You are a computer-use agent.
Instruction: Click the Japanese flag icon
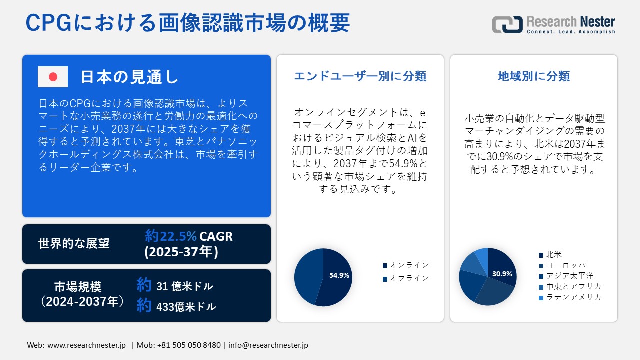[53, 77]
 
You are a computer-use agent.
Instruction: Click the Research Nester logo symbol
[507, 24]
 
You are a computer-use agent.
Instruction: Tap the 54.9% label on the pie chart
[339, 275]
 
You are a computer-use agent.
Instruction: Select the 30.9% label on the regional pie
[502, 274]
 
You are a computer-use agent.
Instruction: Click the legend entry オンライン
[406, 265]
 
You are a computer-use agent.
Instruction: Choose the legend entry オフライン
[406, 278]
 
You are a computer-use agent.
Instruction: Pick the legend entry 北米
[550, 254]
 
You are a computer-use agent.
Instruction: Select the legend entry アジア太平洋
[566, 276]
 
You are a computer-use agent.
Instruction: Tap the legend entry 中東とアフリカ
[570, 286]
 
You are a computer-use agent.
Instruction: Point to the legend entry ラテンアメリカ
[570, 297]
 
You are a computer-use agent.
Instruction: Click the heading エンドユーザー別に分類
[360, 76]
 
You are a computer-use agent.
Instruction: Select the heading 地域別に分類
[534, 76]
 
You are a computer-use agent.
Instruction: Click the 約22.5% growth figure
[171, 236]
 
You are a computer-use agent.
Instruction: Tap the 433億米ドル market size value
[186, 307]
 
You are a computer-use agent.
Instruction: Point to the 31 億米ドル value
[185, 286]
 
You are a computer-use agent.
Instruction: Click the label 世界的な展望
[74, 243]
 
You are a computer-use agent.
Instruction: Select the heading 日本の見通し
[129, 77]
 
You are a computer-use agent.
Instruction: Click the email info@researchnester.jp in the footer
[268, 345]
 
